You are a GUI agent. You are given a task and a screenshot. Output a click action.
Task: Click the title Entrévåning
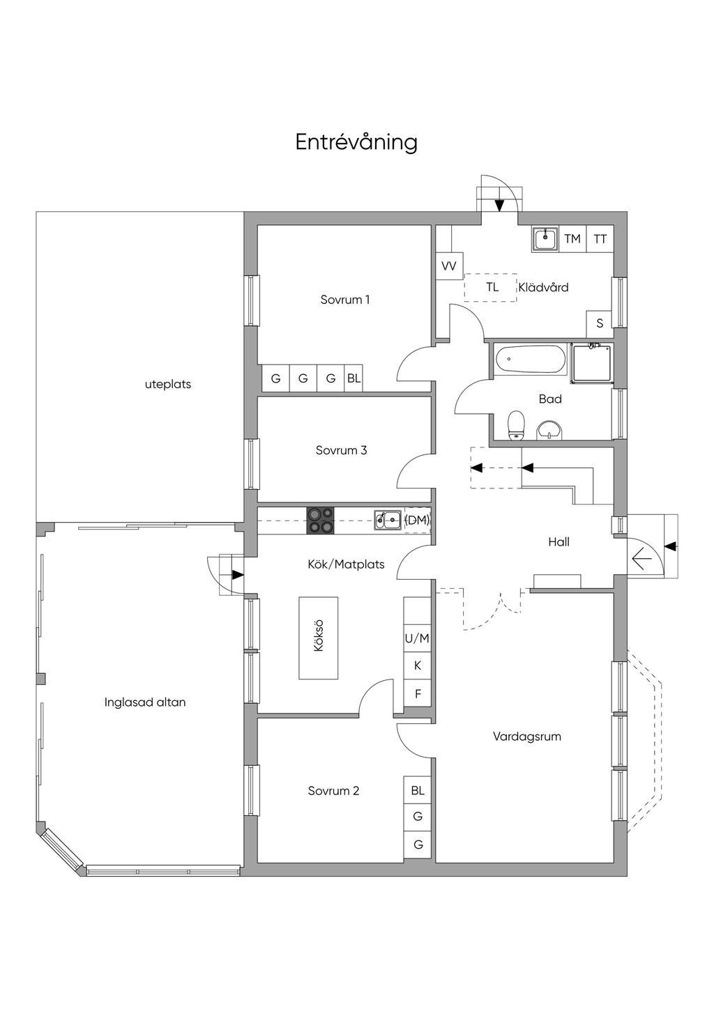(x=356, y=142)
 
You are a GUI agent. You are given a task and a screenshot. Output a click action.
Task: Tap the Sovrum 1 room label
(x=345, y=300)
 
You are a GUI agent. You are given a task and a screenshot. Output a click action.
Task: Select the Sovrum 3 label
(x=341, y=450)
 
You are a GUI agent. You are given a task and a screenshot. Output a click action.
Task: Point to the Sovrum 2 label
(x=333, y=791)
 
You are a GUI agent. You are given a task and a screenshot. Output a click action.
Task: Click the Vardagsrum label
(x=526, y=736)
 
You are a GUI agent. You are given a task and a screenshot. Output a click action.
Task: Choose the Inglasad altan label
(x=145, y=702)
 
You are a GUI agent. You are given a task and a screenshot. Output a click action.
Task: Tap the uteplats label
(x=168, y=384)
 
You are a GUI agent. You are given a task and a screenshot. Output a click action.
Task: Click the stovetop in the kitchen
(x=320, y=521)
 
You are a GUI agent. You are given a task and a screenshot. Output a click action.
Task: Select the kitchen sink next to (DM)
(x=388, y=520)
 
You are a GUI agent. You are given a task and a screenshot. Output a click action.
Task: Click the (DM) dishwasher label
(x=417, y=520)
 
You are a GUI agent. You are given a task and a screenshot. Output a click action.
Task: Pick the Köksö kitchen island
(x=319, y=638)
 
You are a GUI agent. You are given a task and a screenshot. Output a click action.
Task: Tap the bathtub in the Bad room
(x=531, y=360)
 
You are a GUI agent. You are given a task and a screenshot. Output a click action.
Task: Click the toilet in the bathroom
(x=516, y=425)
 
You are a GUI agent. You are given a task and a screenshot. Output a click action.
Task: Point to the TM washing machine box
(x=572, y=239)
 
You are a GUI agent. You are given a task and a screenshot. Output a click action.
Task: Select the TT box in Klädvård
(x=600, y=239)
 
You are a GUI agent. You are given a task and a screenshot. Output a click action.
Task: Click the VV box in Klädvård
(x=449, y=266)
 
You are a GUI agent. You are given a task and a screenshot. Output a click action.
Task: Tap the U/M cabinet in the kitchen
(x=417, y=638)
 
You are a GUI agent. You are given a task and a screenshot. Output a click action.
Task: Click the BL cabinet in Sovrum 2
(x=418, y=791)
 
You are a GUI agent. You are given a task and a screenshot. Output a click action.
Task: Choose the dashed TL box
(x=492, y=287)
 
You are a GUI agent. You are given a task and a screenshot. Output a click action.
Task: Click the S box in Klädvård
(x=599, y=323)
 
